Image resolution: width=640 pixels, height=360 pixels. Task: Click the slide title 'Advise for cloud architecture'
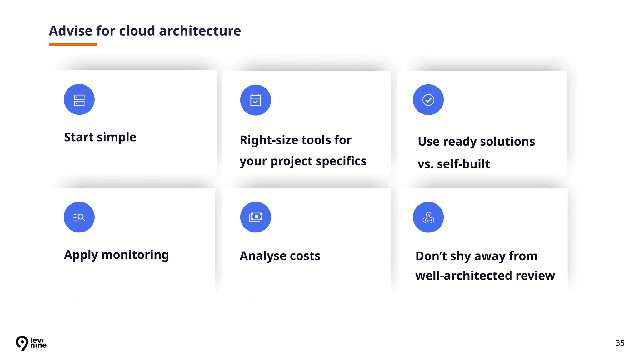pos(145,31)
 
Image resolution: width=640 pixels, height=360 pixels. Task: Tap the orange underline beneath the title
pos(73,45)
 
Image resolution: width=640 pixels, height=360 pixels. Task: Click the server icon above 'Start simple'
pos(79,100)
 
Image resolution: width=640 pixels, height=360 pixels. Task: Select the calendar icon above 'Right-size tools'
pos(255,100)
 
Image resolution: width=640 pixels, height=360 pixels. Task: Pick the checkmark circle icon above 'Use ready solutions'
pos(428,100)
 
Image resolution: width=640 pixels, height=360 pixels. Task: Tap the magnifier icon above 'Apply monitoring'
pos(79,217)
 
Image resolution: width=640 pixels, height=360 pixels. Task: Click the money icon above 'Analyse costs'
pos(255,217)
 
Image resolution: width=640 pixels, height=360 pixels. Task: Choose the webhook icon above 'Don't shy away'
pos(428,217)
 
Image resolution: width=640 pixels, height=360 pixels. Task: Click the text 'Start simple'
pos(100,137)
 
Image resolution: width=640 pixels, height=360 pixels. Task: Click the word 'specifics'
pos(341,161)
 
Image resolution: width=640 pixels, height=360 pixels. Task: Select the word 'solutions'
pos(507,142)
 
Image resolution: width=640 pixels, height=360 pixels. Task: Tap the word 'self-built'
pos(463,164)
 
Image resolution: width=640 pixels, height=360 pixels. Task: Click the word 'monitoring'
pos(135,255)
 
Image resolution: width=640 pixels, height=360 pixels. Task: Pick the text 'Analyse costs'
pos(280,256)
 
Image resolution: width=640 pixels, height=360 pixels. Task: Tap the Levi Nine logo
pos(31,343)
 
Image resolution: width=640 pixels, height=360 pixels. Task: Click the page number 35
pos(620,343)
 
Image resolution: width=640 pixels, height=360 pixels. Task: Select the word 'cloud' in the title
pos(137,31)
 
